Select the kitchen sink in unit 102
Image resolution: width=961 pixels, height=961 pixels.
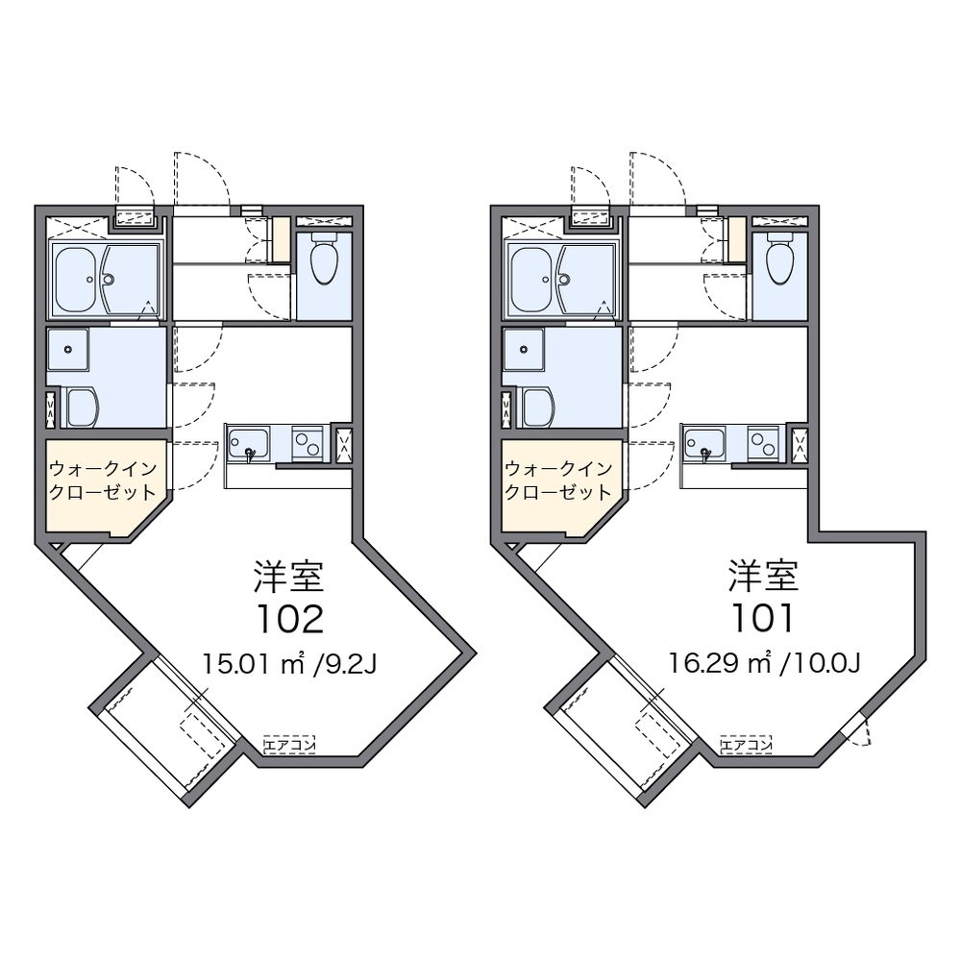click(x=249, y=444)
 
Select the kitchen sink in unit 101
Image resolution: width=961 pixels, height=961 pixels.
click(x=704, y=444)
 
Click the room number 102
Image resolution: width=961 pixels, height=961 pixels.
click(x=290, y=619)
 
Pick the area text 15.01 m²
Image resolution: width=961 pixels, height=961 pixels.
click(x=255, y=663)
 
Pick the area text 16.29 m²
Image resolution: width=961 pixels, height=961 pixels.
click(x=720, y=663)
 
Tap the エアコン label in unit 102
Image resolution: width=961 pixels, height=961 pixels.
click(x=289, y=745)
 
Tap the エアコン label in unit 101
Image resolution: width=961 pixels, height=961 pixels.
click(x=746, y=745)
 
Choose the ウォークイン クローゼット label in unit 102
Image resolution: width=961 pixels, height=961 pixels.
click(x=103, y=480)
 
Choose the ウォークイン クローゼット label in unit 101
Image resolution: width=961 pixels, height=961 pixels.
click(x=558, y=480)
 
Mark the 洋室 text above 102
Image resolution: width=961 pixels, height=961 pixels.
click(x=289, y=576)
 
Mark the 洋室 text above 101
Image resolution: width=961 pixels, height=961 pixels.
click(x=764, y=576)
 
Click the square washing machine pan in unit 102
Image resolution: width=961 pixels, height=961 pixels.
click(x=68, y=350)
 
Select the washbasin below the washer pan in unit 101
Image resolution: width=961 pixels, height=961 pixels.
click(x=538, y=407)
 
